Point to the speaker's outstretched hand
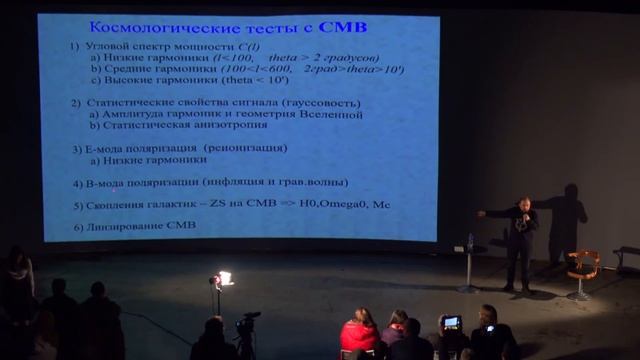point(483,214)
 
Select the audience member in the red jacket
point(359,334)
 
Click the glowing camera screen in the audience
point(452,321)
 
